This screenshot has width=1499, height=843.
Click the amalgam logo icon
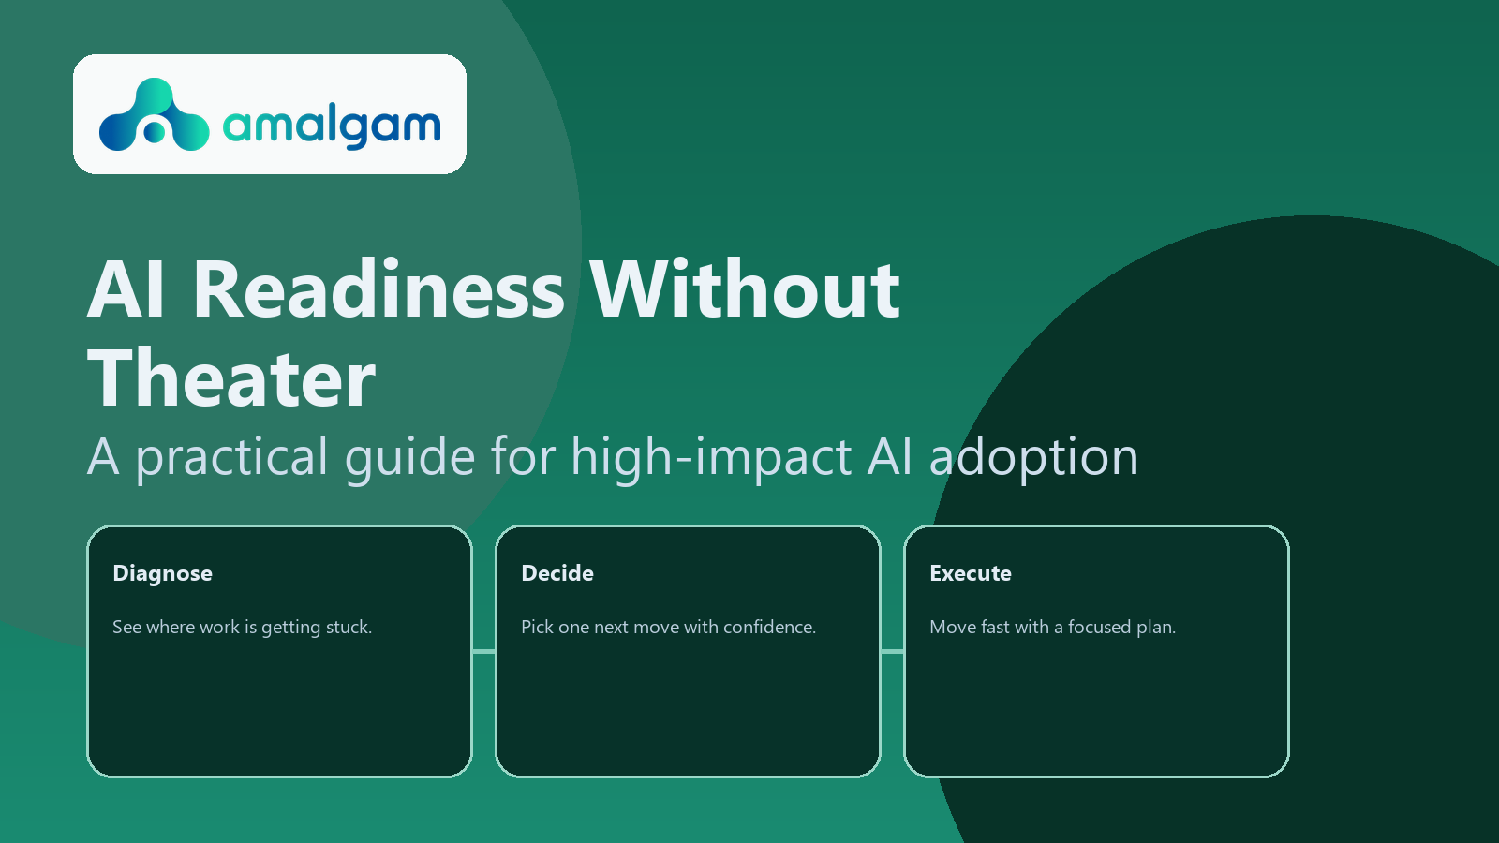[x=154, y=116]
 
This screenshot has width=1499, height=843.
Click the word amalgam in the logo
[x=332, y=126]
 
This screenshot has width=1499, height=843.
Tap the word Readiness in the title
[x=378, y=290]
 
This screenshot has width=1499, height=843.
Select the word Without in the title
[x=745, y=290]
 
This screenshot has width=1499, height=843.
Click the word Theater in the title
[x=231, y=379]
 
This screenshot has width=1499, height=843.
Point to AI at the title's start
[x=126, y=290]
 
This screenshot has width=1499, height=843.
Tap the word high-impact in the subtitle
[x=712, y=458]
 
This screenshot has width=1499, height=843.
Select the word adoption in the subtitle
[x=1033, y=458]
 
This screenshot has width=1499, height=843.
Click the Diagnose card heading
[x=162, y=573]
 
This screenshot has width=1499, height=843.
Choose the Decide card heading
[x=557, y=573]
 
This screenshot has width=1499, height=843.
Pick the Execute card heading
[x=971, y=573]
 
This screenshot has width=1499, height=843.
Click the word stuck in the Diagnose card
[x=349, y=628]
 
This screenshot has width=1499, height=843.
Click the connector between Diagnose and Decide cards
[x=483, y=651]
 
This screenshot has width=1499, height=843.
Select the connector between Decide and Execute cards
[x=892, y=651]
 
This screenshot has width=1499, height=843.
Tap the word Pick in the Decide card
[x=537, y=628]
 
